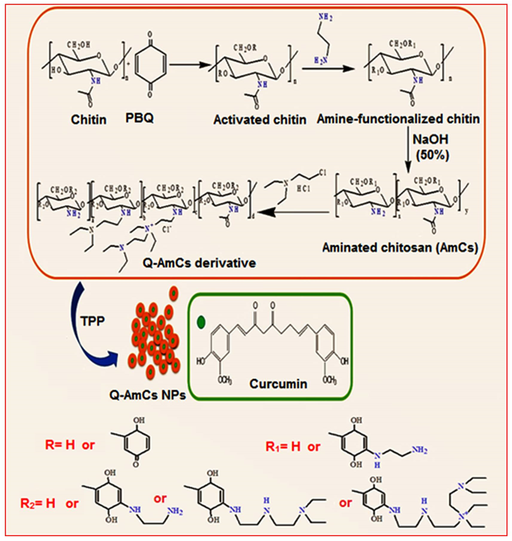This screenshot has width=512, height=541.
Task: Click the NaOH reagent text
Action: (430, 140)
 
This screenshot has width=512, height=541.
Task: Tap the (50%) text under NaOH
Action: (432, 156)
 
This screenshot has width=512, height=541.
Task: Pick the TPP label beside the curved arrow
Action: (93, 321)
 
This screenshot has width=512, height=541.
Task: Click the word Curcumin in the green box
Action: (278, 384)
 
